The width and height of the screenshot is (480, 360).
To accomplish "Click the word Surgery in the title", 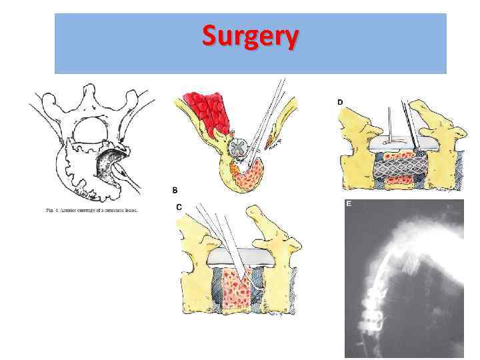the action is (x=250, y=37).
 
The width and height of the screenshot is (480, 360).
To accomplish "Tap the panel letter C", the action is (x=179, y=207).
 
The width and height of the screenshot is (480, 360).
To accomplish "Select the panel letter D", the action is (x=340, y=102).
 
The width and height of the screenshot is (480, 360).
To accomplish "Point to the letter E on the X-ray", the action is (x=349, y=205).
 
